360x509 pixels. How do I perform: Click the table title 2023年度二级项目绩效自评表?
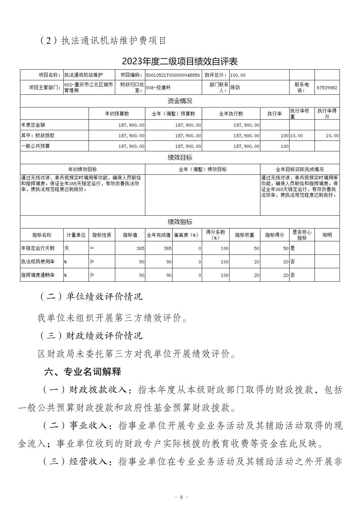[180, 61]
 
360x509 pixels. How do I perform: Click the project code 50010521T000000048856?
[173, 75]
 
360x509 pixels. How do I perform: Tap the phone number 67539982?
[327, 88]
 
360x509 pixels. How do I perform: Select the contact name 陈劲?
[235, 88]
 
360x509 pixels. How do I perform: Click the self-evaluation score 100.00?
[238, 75]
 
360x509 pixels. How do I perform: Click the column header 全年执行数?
[231, 114]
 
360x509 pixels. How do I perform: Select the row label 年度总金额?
[33, 125]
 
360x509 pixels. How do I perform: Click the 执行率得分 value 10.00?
[332, 136]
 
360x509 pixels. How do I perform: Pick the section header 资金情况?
[180, 101]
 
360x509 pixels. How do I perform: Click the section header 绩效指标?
[180, 222]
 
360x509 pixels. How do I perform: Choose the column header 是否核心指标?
[302, 235]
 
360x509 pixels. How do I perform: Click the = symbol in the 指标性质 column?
[92, 248]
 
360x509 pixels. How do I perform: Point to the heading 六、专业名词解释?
[83, 371]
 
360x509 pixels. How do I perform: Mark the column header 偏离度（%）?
[187, 235]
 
